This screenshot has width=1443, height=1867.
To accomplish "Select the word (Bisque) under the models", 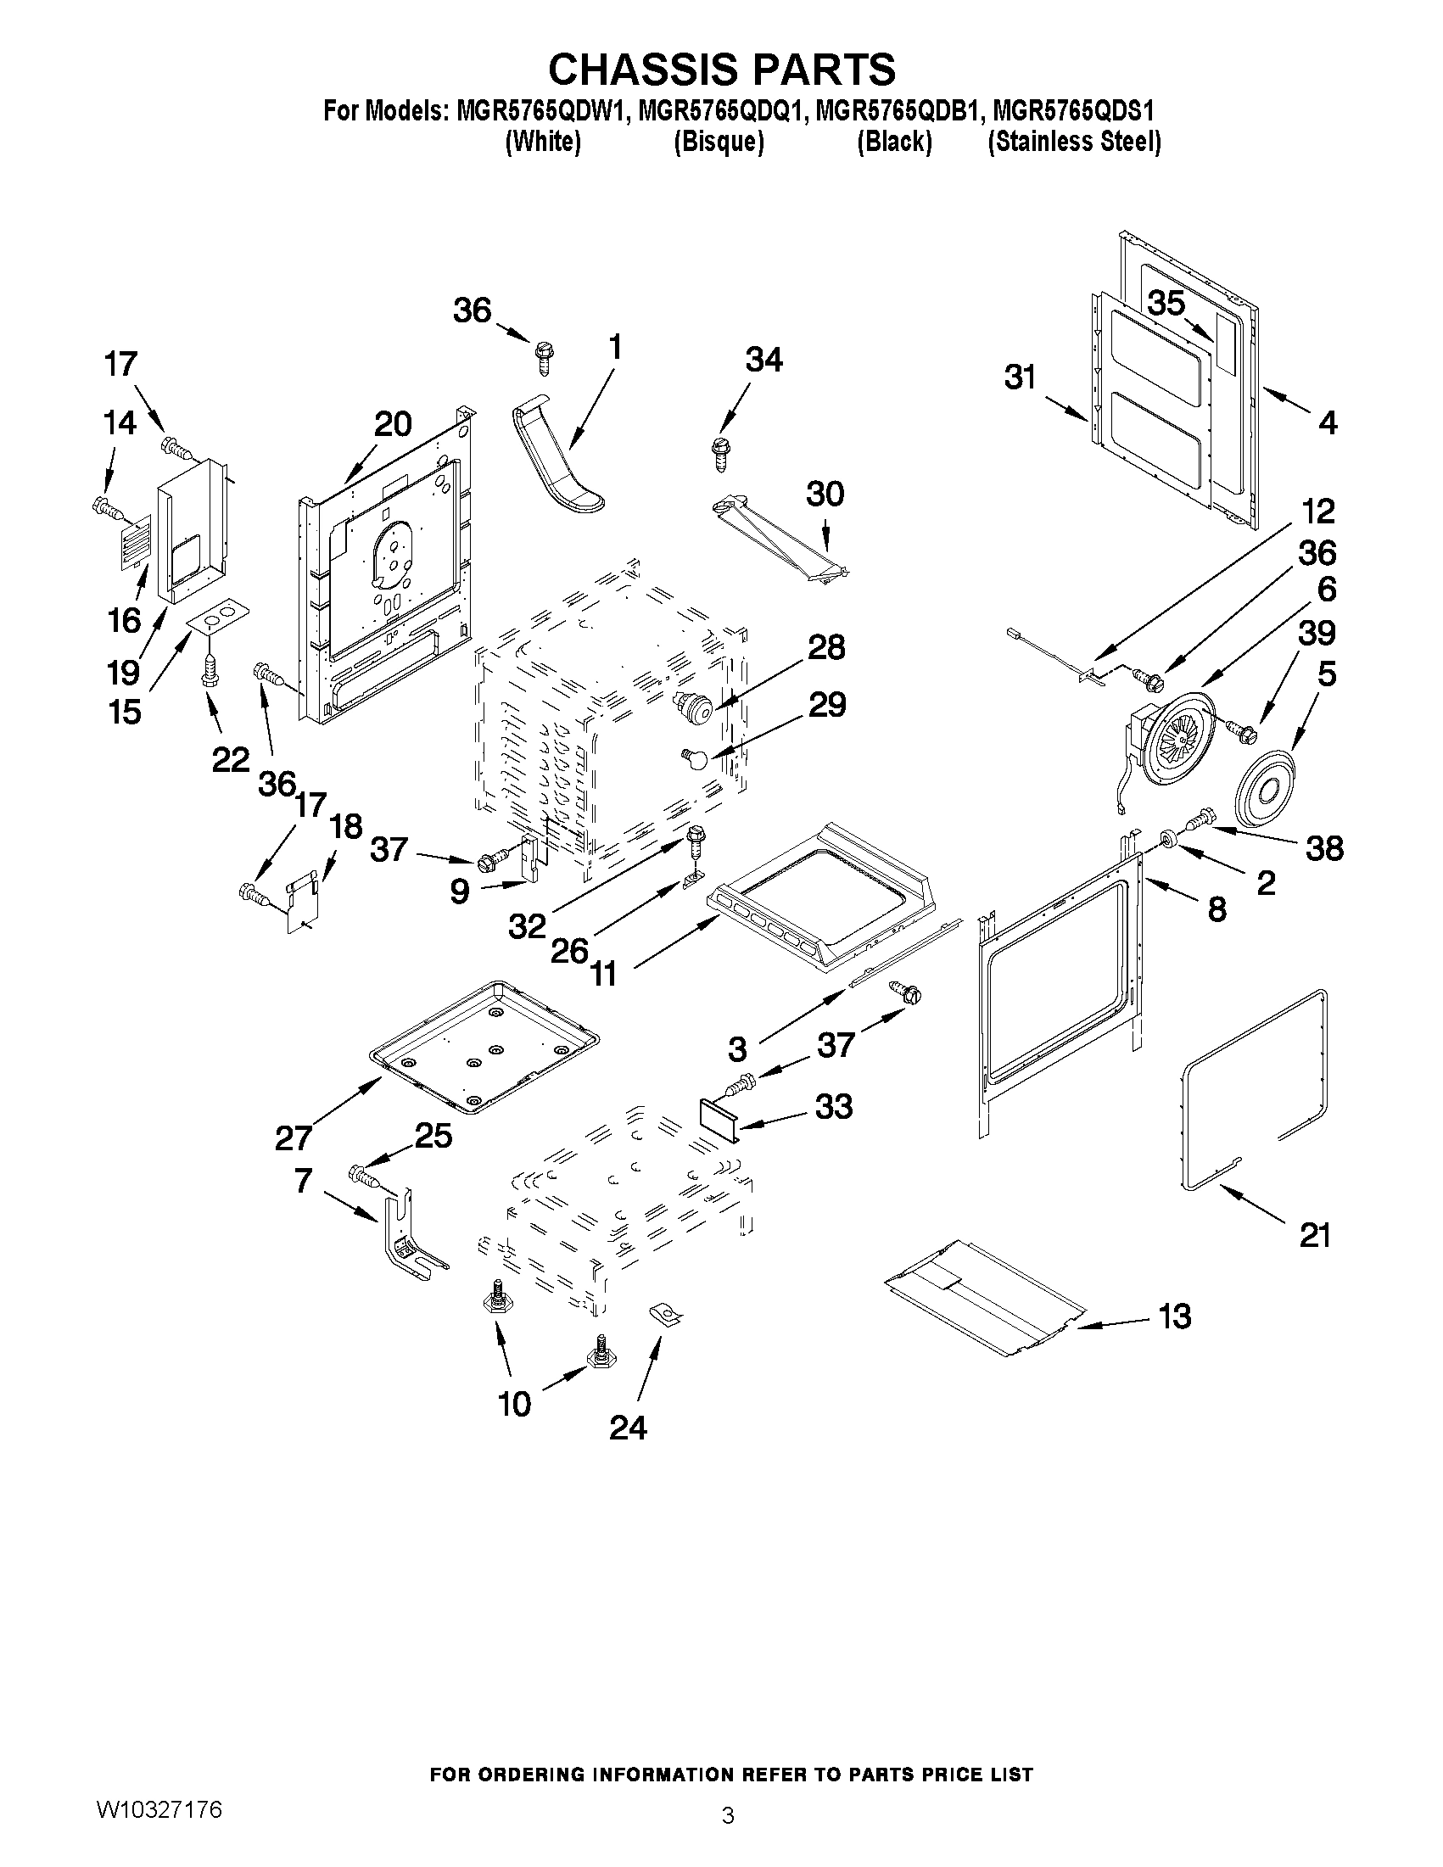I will tap(718, 141).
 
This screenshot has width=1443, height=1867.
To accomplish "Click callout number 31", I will tap(1020, 377).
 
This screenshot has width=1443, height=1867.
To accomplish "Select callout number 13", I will tap(1175, 1316).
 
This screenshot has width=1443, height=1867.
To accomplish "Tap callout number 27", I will tap(294, 1138).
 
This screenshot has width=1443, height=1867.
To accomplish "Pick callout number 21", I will tap(1315, 1235).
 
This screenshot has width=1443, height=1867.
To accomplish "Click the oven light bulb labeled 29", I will tap(698, 757).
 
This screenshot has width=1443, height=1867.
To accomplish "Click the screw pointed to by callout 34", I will tap(719, 451).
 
